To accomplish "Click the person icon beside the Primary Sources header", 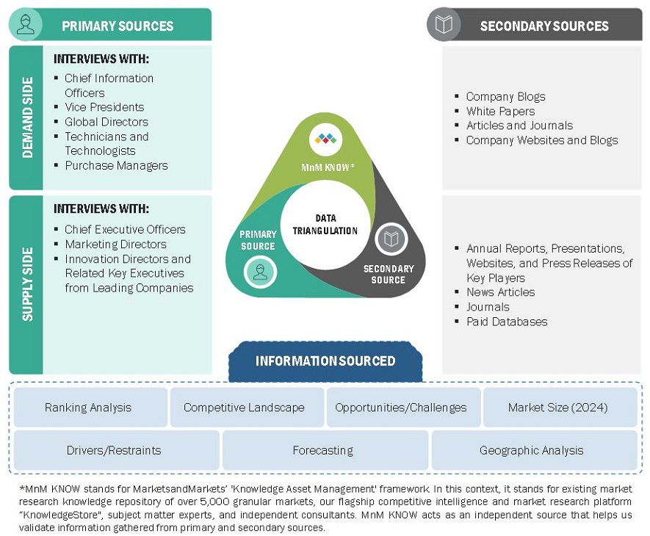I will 26,25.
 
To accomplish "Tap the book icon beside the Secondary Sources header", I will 444,25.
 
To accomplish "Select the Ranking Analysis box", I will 88,408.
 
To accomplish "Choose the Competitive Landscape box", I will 244,408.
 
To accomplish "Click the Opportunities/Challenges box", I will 400,408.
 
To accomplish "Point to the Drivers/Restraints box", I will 114,450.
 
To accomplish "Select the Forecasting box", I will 323,450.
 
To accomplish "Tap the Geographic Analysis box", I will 531,450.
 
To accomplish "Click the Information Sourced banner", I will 325,361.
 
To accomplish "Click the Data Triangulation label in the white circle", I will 325,224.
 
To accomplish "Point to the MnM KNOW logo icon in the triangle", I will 325,138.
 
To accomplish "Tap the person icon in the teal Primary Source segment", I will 259,272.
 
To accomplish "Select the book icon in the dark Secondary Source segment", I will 391,239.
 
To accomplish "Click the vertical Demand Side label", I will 28,117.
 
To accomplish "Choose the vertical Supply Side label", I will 28,284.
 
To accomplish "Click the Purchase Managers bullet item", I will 116,166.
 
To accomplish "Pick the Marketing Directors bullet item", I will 115,245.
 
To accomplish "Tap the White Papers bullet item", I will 500,112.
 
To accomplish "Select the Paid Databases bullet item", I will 507,322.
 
